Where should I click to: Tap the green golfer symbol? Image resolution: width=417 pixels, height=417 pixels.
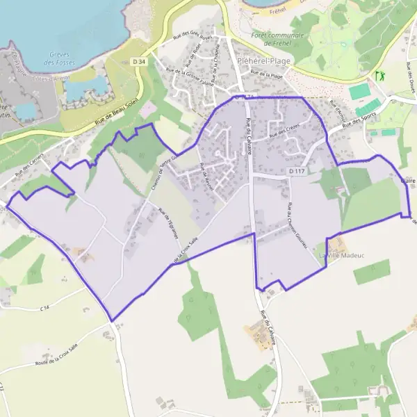(379, 74)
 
